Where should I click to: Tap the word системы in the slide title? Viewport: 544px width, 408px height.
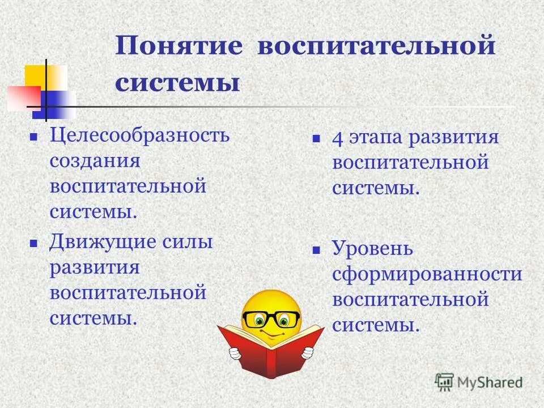(177, 83)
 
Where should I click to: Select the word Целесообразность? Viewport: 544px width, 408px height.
(139, 136)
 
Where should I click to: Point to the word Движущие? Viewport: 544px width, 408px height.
(95, 242)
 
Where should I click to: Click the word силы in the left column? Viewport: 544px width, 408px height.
(187, 242)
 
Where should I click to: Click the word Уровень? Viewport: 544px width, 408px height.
(372, 249)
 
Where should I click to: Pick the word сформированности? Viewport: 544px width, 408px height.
(427, 274)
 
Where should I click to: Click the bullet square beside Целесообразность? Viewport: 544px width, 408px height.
(33, 137)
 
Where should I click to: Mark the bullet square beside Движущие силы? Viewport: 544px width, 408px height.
(33, 243)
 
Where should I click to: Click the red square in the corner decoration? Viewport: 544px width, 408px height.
(23, 97)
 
